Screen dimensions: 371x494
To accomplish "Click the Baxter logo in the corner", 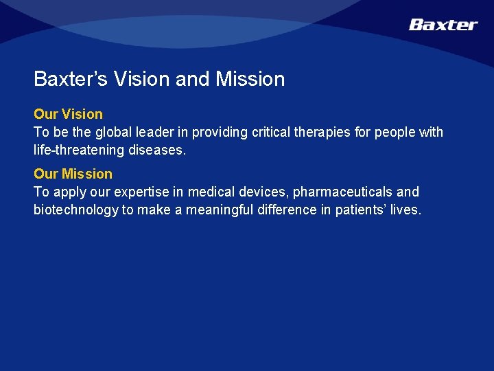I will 443,25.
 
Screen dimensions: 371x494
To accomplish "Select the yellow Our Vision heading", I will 68,114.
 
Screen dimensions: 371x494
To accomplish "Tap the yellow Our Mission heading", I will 73,174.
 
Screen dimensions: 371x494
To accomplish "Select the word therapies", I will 327,132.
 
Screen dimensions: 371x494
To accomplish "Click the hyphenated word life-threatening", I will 78,150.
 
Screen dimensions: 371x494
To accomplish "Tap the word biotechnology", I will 75,210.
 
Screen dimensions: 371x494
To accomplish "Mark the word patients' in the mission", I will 360,210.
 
